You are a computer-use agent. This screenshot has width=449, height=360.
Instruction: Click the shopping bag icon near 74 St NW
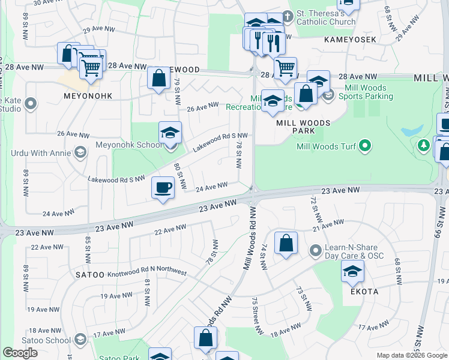click(286, 244)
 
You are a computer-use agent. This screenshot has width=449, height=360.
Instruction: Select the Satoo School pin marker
click(79, 340)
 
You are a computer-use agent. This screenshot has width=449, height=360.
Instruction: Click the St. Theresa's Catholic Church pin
click(287, 15)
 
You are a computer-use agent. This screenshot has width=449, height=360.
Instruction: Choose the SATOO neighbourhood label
click(89, 274)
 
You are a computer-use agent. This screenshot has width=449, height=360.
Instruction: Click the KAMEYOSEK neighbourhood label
click(350, 39)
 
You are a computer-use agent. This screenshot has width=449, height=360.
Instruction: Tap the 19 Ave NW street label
click(112, 296)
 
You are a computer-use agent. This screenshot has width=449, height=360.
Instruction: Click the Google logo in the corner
click(20, 353)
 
